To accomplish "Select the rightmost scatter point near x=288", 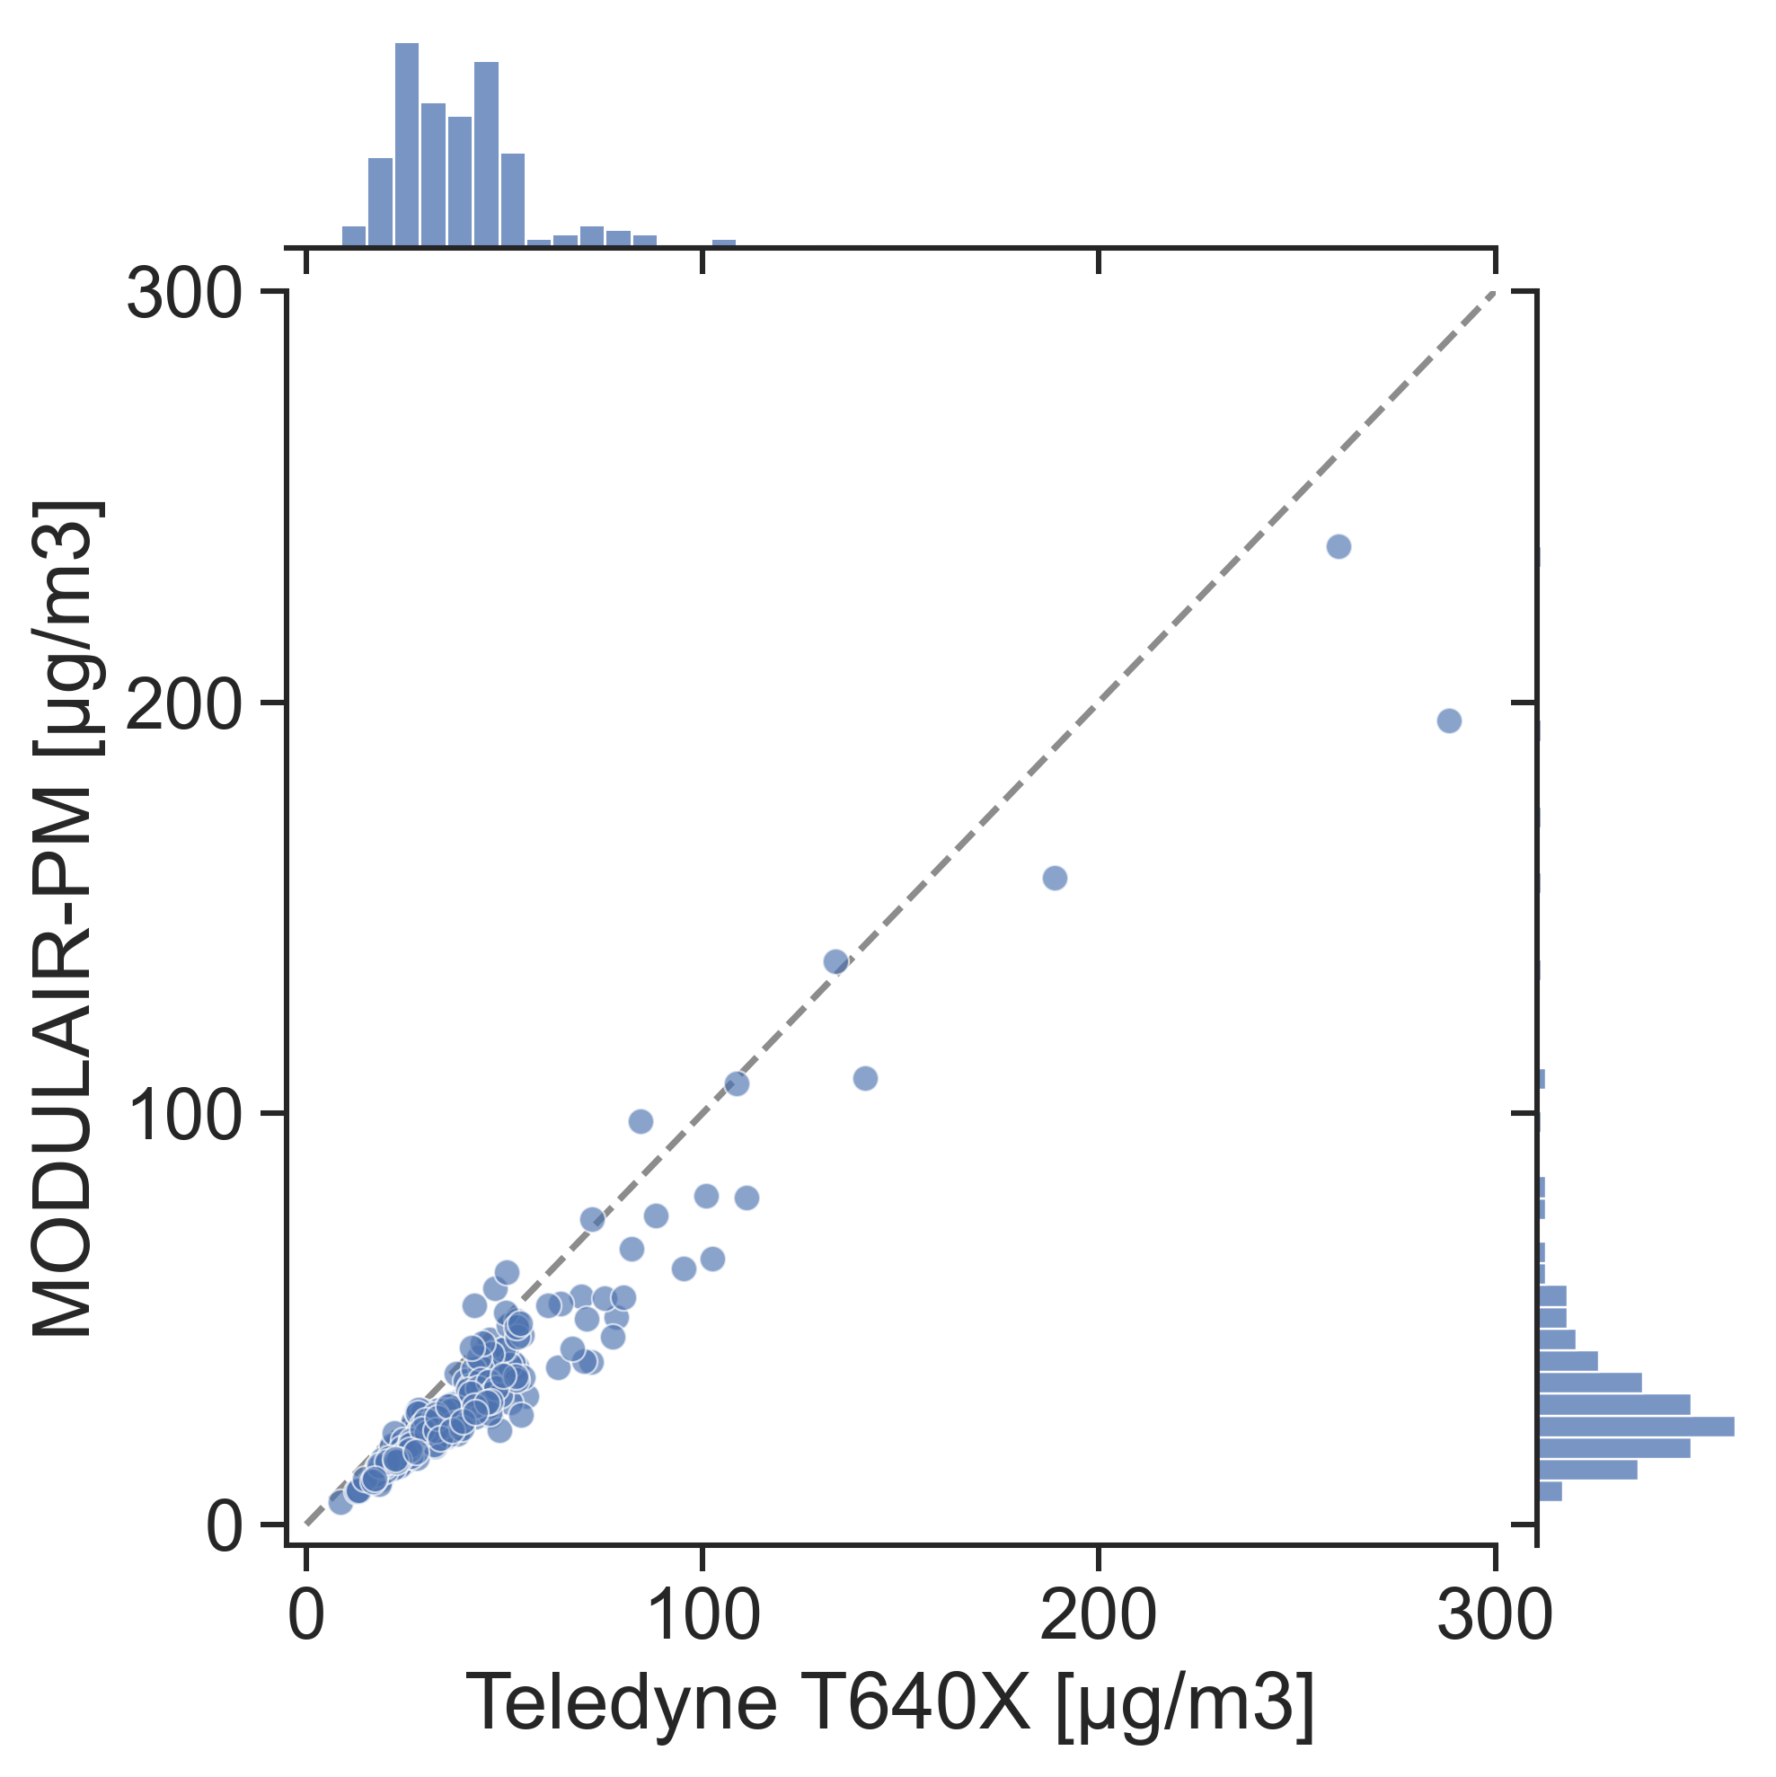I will (1449, 721).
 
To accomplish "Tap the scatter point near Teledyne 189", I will (1055, 879).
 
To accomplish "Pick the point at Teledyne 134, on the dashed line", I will (836, 962).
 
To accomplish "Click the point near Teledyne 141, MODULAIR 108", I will (865, 1078).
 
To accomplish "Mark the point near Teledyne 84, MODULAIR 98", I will (641, 1121).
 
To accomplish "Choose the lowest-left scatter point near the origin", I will (340, 1503).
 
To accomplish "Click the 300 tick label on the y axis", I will (185, 296).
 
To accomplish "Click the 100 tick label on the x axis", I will (703, 1615).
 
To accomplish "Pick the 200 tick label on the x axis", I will (1098, 1615).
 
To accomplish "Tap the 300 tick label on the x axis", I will (1495, 1615).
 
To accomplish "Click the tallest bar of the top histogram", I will (407, 145).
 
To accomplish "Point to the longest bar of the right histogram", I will (1636, 1427).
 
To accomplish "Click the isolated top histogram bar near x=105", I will (724, 243).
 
